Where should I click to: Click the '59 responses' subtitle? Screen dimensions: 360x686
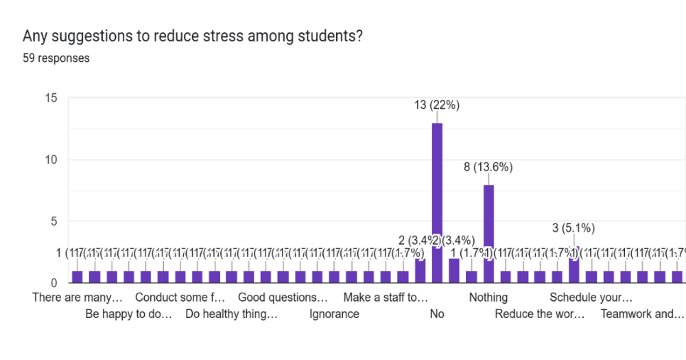click(x=56, y=58)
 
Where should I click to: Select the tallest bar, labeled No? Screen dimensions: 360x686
click(x=437, y=203)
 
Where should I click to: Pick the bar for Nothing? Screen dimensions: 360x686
click(x=488, y=234)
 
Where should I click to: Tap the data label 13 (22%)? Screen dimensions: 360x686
click(x=437, y=105)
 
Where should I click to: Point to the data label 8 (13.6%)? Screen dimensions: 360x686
click(x=488, y=167)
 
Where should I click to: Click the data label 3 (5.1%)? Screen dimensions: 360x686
click(x=573, y=228)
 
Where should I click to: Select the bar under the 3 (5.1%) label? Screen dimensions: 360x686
click(x=574, y=265)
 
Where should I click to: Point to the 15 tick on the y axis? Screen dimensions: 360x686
click(x=50, y=98)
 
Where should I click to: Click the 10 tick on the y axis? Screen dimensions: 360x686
click(x=50, y=160)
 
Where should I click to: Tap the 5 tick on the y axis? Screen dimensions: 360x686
click(x=54, y=221)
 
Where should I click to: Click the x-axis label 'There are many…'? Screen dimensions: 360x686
click(x=78, y=298)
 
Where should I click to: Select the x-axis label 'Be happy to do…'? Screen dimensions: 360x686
click(x=128, y=314)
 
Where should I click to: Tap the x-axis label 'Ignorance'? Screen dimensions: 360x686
click(x=334, y=314)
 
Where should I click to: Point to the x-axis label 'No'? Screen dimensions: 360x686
click(x=437, y=314)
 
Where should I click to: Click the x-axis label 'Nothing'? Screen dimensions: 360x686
click(x=488, y=298)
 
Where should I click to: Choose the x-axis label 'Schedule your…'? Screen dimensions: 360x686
click(x=591, y=298)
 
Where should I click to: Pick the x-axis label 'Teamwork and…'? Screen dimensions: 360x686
click(x=642, y=314)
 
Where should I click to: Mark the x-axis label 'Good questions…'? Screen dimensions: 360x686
click(x=283, y=298)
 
